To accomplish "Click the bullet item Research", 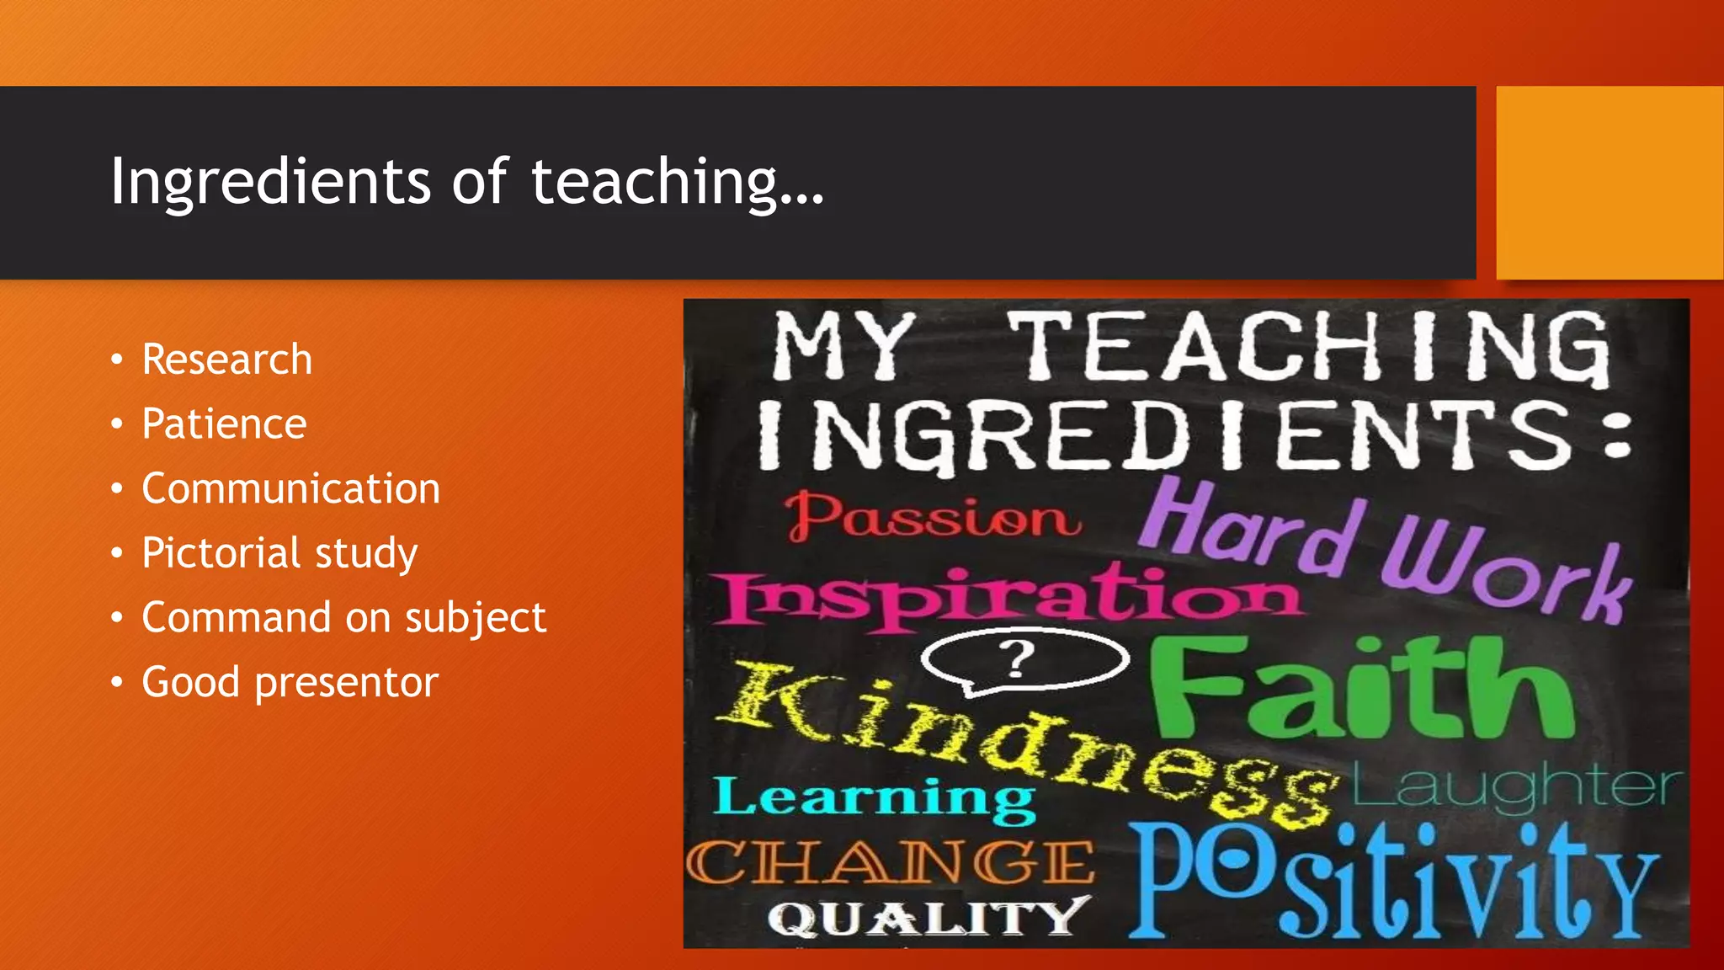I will [226, 360].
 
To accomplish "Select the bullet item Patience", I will [224, 424].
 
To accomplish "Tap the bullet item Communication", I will [290, 488].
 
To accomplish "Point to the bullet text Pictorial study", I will [279, 553].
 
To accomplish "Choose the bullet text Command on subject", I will [343, 617].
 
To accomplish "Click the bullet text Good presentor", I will [290, 682].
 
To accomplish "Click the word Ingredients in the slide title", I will [270, 181].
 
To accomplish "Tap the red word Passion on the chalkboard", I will [933, 515].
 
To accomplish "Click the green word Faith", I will [1360, 686].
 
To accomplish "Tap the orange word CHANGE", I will [891, 863].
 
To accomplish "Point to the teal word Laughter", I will [1515, 787].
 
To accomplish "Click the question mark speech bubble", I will [1023, 661].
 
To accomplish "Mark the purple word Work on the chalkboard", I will [1507, 568].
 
